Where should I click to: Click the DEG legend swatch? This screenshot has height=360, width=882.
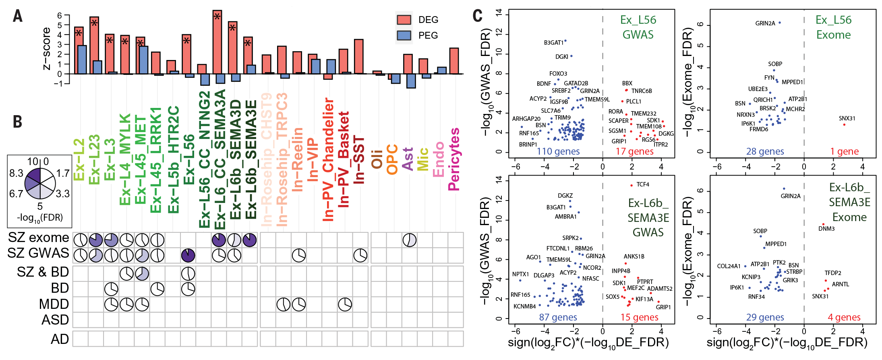pyautogui.click(x=404, y=20)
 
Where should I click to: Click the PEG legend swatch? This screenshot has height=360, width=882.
pyautogui.click(x=404, y=35)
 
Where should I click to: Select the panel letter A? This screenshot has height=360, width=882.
pyautogui.click(x=18, y=16)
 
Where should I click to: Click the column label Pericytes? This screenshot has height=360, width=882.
pyautogui.click(x=454, y=159)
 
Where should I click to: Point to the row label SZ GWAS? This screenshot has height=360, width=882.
pyautogui.click(x=38, y=253)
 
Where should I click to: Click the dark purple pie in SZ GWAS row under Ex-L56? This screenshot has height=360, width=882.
pyautogui.click(x=188, y=255)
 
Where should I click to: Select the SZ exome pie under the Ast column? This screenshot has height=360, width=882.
pyautogui.click(x=410, y=240)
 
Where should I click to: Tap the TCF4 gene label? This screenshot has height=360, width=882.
pyautogui.click(x=643, y=184)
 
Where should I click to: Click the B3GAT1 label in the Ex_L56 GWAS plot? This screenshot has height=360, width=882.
pyautogui.click(x=553, y=43)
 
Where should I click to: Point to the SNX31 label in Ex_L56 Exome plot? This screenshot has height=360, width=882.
pyautogui.click(x=847, y=118)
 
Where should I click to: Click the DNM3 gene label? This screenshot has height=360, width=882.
pyautogui.click(x=826, y=229)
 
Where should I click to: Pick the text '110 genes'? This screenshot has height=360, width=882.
pyautogui.click(x=558, y=151)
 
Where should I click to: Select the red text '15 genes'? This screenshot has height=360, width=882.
pyautogui.click(x=639, y=317)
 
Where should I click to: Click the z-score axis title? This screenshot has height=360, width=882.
pyautogui.click(x=47, y=49)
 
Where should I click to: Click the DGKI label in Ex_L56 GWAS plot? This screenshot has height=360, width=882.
pyautogui.click(x=561, y=57)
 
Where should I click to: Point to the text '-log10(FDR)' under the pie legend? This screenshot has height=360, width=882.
pyautogui.click(x=40, y=218)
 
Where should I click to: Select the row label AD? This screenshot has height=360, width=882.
pyautogui.click(x=60, y=339)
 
